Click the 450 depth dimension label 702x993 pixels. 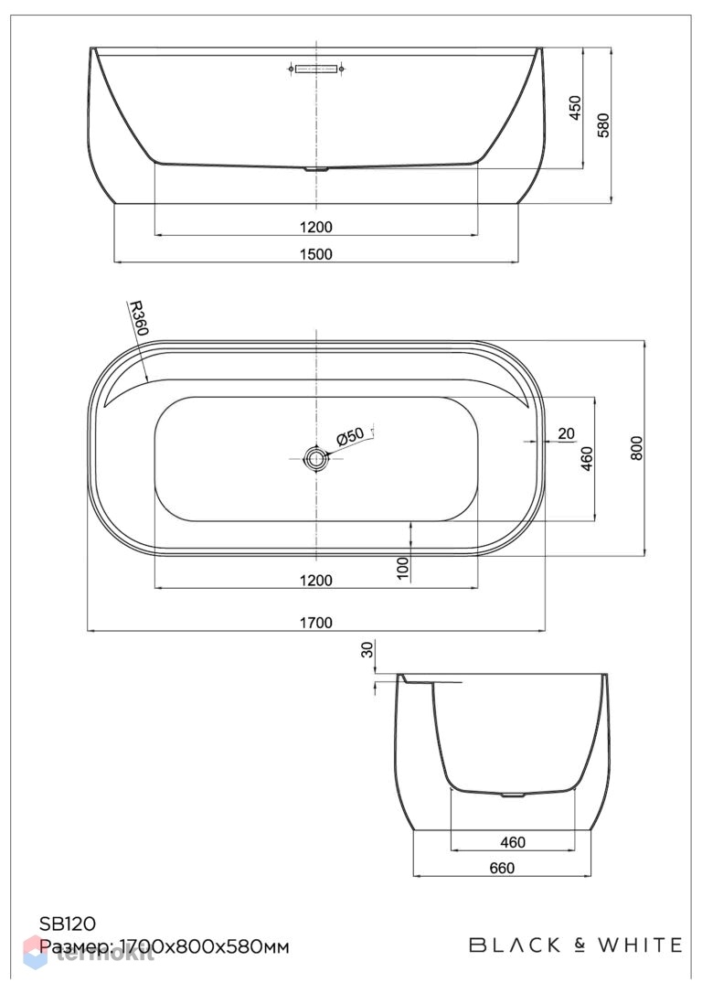575,109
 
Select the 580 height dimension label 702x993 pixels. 603,125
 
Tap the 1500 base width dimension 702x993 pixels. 316,254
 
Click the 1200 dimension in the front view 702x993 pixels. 316,227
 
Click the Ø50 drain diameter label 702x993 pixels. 351,436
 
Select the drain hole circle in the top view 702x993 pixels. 315,457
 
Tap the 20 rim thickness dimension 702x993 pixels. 567,433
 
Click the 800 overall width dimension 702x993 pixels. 637,448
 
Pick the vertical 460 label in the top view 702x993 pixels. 588,458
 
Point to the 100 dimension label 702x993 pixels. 403,569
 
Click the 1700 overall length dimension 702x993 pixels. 316,623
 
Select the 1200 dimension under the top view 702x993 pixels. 316,580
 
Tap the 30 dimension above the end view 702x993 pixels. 367,650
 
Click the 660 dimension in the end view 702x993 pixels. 502,869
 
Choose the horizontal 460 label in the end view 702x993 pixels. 513,842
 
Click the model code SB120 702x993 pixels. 68,924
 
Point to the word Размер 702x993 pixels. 76,948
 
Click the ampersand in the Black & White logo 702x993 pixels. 580,945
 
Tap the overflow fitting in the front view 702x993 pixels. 316,68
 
